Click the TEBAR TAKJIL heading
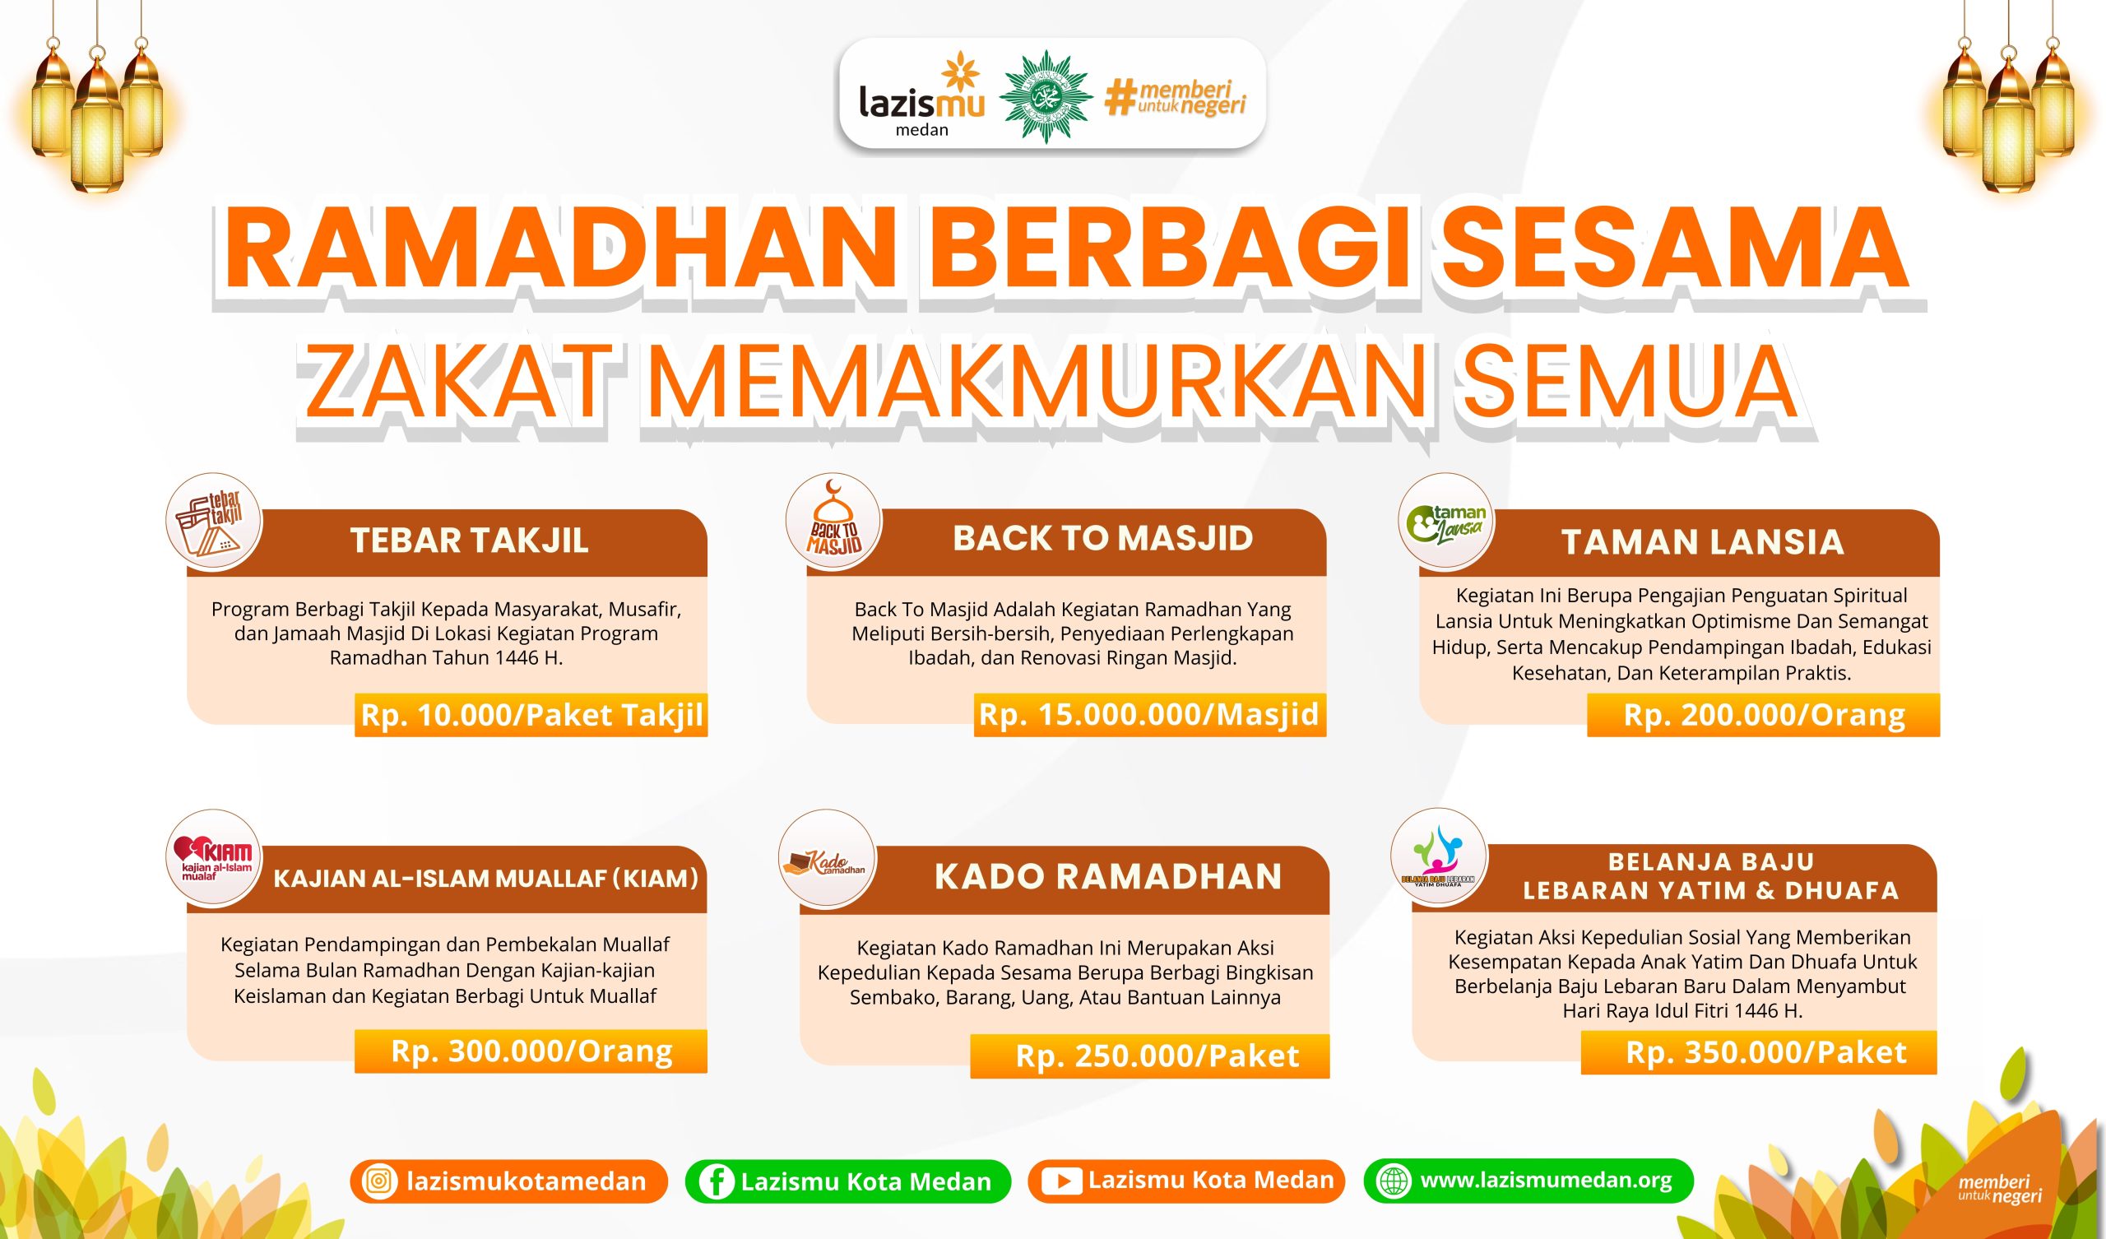click(x=469, y=540)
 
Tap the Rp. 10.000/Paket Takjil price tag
click(x=531, y=715)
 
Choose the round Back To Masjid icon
click(x=833, y=520)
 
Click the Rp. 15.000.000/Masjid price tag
click(x=1149, y=714)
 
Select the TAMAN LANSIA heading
click(x=1702, y=541)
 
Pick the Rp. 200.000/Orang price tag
click(x=1763, y=715)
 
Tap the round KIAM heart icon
click(x=214, y=858)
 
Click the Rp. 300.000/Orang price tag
click(x=531, y=1051)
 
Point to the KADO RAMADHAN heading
click(x=1108, y=876)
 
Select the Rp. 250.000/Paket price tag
click(x=1150, y=1056)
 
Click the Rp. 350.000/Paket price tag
click(x=1758, y=1051)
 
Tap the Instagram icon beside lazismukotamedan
click(x=379, y=1181)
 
